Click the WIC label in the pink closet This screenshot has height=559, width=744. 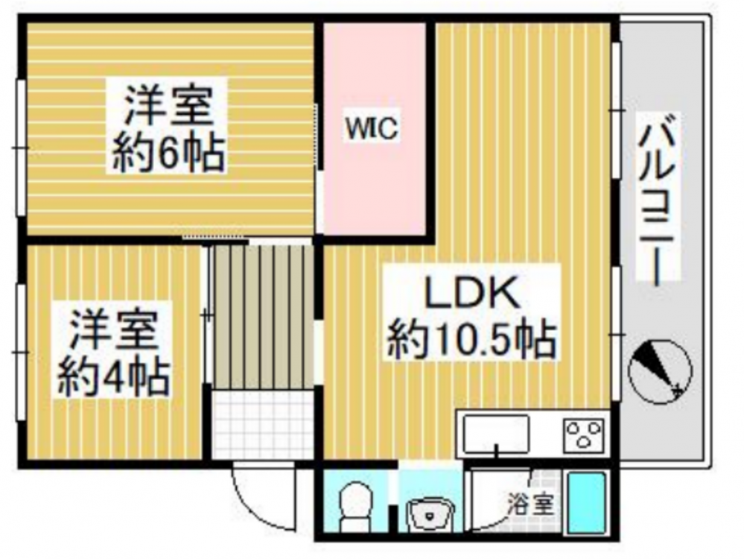372,127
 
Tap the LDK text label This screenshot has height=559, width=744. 471,293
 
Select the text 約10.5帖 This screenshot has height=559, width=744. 471,341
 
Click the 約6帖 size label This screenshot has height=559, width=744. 168,154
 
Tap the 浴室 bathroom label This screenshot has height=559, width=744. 532,505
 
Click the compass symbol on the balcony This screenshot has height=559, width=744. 661,372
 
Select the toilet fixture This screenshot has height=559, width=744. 356,506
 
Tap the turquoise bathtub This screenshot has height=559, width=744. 587,503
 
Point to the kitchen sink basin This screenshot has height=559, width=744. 496,434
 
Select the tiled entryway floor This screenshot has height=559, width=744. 262,424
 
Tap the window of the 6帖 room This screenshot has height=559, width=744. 20,148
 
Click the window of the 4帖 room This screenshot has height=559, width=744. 20,352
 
